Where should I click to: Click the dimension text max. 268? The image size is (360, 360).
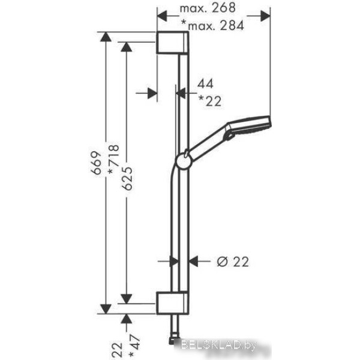coord(208,8)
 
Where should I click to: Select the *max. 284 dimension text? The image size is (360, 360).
coord(212,25)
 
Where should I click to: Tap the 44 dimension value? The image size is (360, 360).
coord(205,83)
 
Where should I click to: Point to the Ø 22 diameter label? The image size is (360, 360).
coord(233,262)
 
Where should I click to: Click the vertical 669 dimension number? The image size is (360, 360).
coord(96,163)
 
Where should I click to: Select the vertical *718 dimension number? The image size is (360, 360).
coord(113,159)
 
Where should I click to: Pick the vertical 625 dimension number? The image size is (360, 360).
coord(127,178)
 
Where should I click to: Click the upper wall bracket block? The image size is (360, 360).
coord(172,42)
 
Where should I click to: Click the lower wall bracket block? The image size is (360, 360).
coord(172,303)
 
